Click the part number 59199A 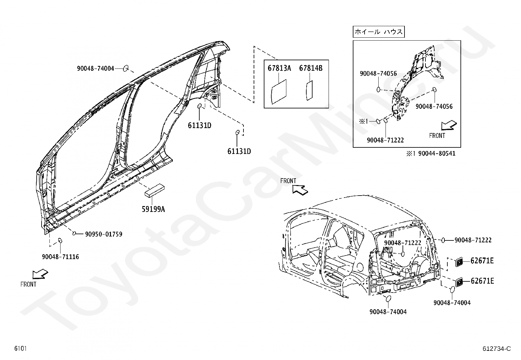pyautogui.click(x=153, y=209)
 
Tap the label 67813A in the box pyautogui.click(x=279, y=68)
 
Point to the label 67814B pyautogui.click(x=311, y=68)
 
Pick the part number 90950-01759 pyautogui.click(x=103, y=234)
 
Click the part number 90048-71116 pyautogui.click(x=60, y=257)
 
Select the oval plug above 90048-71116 pyautogui.click(x=60, y=241)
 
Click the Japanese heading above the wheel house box pyautogui.click(x=379, y=32)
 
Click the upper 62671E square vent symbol pyautogui.click(x=459, y=261)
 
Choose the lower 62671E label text pyautogui.click(x=482, y=281)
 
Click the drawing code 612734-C pyautogui.click(x=496, y=349)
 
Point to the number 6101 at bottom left pyautogui.click(x=20, y=349)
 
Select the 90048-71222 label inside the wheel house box pyautogui.click(x=385, y=140)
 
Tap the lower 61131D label pyautogui.click(x=239, y=151)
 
